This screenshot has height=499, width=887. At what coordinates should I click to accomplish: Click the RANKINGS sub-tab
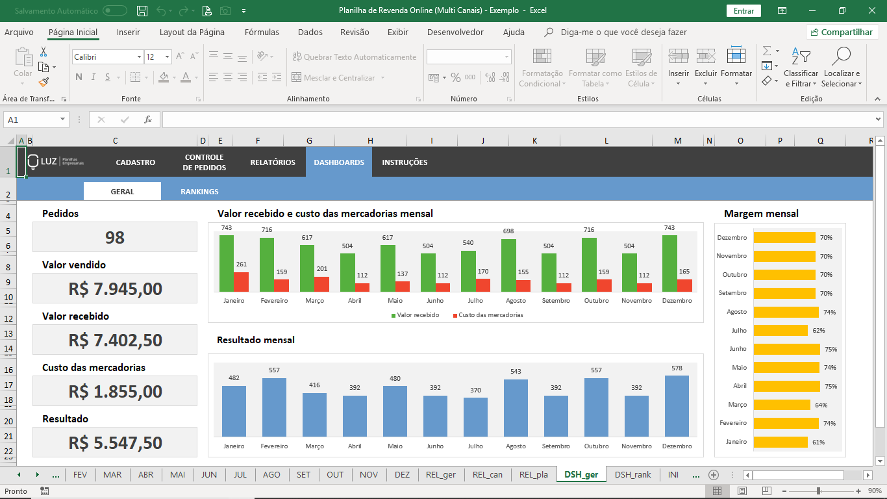(199, 192)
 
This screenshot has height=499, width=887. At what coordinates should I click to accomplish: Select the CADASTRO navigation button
(136, 162)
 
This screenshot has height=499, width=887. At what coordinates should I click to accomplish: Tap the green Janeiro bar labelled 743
(227, 263)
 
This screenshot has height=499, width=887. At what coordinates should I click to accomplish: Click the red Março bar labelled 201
(322, 284)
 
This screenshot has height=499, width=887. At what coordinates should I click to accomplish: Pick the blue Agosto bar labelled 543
(516, 408)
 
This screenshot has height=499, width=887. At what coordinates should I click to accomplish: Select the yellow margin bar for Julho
(781, 330)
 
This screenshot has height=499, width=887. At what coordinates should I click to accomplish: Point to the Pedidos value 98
(115, 237)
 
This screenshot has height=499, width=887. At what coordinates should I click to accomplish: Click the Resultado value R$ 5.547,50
(115, 442)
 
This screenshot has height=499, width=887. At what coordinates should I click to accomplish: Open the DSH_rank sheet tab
(632, 474)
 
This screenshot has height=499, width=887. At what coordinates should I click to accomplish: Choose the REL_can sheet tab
(487, 474)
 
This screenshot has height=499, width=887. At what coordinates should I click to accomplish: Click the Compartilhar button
(842, 32)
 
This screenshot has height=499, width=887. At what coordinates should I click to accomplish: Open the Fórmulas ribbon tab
(262, 32)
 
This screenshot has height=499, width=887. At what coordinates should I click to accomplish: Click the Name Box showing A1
(36, 120)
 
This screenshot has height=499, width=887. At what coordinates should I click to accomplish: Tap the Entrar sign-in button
(743, 10)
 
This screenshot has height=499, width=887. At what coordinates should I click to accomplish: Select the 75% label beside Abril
(831, 386)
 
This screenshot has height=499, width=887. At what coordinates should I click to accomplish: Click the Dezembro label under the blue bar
(677, 446)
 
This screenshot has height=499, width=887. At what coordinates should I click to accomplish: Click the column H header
(370, 141)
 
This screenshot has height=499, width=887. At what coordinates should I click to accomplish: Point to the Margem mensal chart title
(761, 214)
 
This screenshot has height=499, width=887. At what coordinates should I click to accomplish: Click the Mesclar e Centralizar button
(338, 78)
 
